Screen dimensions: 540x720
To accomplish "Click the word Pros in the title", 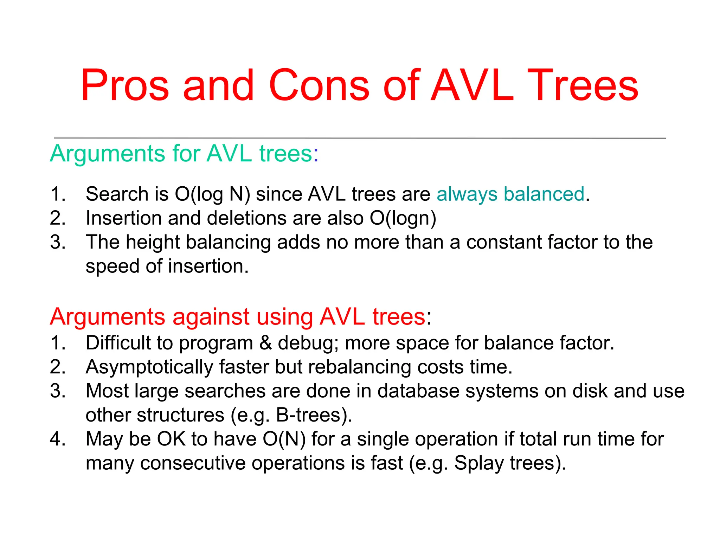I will pyautogui.click(x=125, y=85).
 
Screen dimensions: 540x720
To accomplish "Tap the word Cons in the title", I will pyautogui.click(x=319, y=85).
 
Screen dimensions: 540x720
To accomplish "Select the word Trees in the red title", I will pyautogui.click(x=583, y=85).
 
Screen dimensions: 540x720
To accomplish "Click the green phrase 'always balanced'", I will pyautogui.click(x=510, y=194).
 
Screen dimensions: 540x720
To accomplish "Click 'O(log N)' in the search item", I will pyautogui.click(x=212, y=194).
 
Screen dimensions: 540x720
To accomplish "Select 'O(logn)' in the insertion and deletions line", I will pyautogui.click(x=403, y=218).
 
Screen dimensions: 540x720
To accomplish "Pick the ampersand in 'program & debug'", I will pyautogui.click(x=265, y=343).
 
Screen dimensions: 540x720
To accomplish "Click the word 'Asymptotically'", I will pyautogui.click(x=149, y=367).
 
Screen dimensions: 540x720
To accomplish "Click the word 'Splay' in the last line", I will pyautogui.click(x=479, y=463).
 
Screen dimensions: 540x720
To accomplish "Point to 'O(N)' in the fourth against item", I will pyautogui.click(x=284, y=439).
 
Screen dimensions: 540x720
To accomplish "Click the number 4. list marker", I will pyautogui.click(x=58, y=439).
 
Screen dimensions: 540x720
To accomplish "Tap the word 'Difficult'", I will pyautogui.click(x=118, y=343).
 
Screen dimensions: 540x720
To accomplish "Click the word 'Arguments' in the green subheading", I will pyautogui.click(x=108, y=154).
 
